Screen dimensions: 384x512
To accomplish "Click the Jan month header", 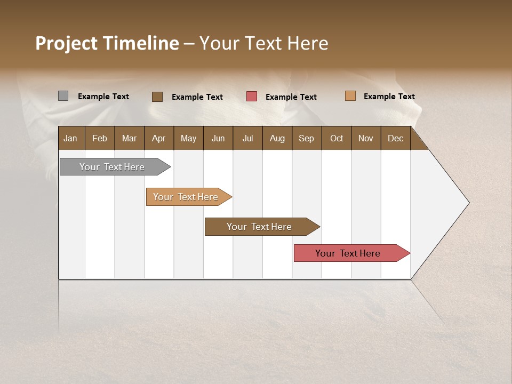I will pyautogui.click(x=71, y=138).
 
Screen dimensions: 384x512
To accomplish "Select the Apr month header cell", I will pyautogui.click(x=159, y=138).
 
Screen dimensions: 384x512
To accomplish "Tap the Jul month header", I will pyautogui.click(x=247, y=138).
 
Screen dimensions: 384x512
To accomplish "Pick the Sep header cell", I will pyautogui.click(x=307, y=138).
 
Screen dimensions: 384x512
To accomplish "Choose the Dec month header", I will pyautogui.click(x=395, y=138).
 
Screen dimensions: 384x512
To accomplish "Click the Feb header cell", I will pyautogui.click(x=100, y=138).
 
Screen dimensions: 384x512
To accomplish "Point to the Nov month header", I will pyautogui.click(x=366, y=138).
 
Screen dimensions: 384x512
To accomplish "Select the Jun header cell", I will pyautogui.click(x=218, y=138).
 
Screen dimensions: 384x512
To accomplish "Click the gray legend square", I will pyautogui.click(x=63, y=96).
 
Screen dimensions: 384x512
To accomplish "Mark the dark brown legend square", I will pyautogui.click(x=157, y=97).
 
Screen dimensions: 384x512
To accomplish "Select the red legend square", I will pyautogui.click(x=252, y=97).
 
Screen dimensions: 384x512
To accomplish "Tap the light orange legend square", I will pyautogui.click(x=350, y=96).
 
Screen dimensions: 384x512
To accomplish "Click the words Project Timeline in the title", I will pyautogui.click(x=107, y=43).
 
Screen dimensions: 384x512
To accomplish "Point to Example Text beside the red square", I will pyautogui.click(x=291, y=97).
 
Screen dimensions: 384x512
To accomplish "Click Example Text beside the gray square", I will pyautogui.click(x=103, y=97).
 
